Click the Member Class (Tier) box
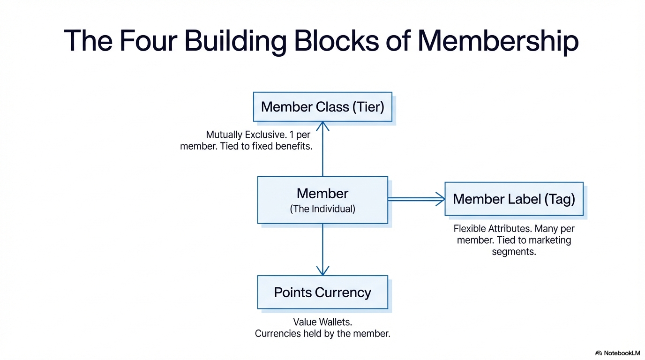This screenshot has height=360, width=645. coord(322,107)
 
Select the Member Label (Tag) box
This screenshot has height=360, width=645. coord(514,199)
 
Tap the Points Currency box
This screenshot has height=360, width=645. coord(322,292)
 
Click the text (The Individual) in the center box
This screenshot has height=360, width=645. coord(322,209)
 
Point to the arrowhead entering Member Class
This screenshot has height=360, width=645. coord(322,126)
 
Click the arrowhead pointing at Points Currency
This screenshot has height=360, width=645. coord(322,271)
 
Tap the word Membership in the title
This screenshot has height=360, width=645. coord(498,41)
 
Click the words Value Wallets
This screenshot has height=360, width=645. coord(322,322)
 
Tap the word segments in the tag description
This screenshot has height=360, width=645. coord(514,252)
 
